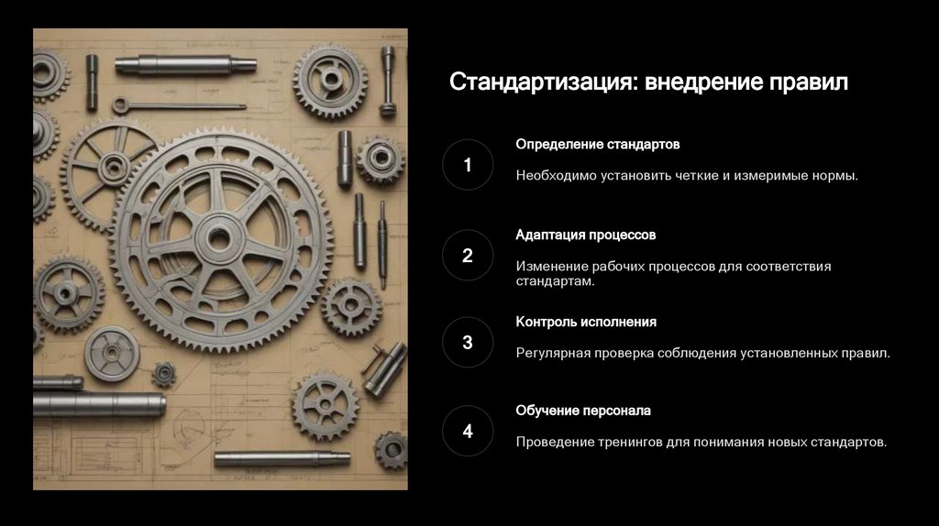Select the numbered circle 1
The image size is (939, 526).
click(468, 165)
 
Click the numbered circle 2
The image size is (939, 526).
click(468, 256)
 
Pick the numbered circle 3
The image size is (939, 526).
click(468, 343)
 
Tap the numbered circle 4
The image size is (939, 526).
click(468, 431)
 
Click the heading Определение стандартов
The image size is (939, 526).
click(598, 145)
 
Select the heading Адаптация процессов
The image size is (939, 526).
click(586, 236)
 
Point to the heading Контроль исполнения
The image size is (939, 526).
click(586, 322)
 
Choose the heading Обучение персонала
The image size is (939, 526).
click(583, 411)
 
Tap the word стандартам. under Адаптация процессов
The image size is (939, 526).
click(555, 281)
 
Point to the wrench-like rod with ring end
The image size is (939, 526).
click(179, 106)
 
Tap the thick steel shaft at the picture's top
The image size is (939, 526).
click(185, 65)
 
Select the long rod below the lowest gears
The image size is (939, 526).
click(282, 459)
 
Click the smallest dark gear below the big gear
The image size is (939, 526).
click(163, 375)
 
